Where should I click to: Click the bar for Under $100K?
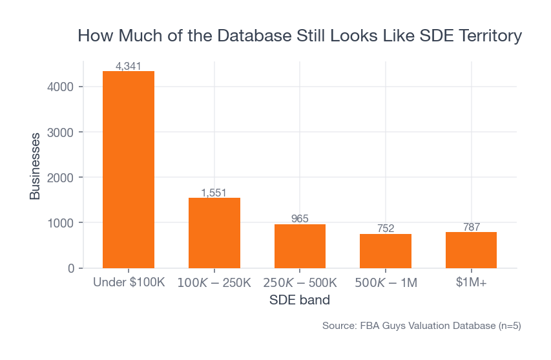coord(129,169)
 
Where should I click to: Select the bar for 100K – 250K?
coord(214,233)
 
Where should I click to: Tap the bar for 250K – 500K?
coord(300,246)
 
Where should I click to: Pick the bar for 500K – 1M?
coord(386,251)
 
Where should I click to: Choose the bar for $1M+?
coord(471,250)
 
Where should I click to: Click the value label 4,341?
coord(129,66)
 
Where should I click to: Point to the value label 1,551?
coord(214,193)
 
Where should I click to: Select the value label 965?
coord(300,219)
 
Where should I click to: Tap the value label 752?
coord(386,228)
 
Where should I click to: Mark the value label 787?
coord(471,227)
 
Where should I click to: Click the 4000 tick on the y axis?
coord(61,87)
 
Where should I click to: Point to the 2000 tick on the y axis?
coord(61,178)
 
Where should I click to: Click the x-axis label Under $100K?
coord(129,283)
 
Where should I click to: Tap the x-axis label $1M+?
coord(471,283)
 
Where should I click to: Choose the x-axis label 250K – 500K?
coord(300,283)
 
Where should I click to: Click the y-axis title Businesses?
coord(35,166)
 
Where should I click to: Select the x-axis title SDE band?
coord(300,301)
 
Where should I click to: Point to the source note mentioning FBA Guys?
coord(421,326)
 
